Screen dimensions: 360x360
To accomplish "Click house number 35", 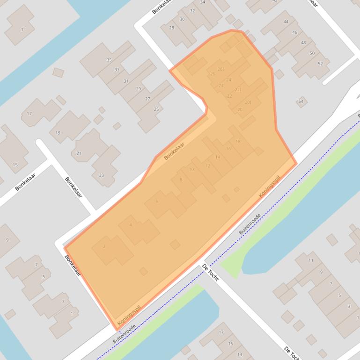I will tap(109, 60).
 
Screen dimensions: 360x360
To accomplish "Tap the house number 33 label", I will tap(117, 70).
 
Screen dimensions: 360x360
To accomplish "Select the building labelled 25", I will tap(156, 109).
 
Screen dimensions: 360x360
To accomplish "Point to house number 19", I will tap(58, 133).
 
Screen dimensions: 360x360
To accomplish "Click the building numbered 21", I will tap(79, 153).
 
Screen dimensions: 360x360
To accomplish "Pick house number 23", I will tap(102, 175).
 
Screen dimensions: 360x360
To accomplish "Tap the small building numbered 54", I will tap(301, 101).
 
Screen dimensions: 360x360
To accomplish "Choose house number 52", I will tap(320, 64).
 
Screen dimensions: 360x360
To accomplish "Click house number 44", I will tap(286, 22).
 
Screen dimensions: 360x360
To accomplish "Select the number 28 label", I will tap(171, 28).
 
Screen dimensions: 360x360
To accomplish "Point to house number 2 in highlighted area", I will tap(104, 246).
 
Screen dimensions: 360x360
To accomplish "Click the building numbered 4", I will tap(131, 225).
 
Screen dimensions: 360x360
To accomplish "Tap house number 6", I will tap(157, 202).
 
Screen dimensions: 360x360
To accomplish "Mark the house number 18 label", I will tap(238, 142).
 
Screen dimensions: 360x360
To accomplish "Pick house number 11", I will tap(311, 260).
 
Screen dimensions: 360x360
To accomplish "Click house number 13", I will tap(240, 354).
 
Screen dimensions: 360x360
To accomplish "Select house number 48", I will tap(303, 43).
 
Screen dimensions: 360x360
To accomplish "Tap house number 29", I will tap(139, 89).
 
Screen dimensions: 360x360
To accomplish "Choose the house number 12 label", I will tap(208, 166).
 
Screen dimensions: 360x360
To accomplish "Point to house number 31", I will tap(126, 81).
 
